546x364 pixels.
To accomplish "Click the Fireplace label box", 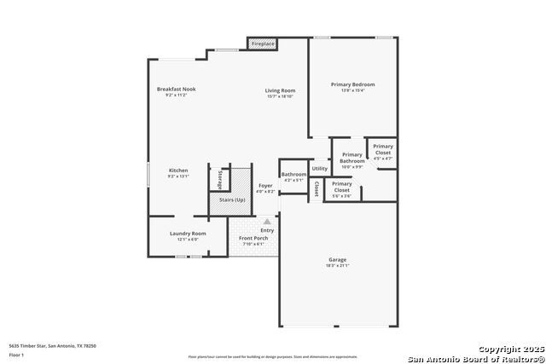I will (263, 43).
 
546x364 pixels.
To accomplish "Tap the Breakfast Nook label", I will (176, 89).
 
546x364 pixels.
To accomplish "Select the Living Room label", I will (280, 90).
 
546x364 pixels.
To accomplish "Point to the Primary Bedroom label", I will (353, 84).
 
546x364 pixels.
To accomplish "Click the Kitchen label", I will (177, 170).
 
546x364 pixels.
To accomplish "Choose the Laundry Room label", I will (188, 233).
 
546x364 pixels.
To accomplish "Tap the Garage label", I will (338, 259).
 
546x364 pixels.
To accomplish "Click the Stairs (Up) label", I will (233, 199).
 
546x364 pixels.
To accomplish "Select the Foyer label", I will (266, 185).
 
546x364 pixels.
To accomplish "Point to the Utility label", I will (320, 169).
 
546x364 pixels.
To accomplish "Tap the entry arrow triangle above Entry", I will (266, 222).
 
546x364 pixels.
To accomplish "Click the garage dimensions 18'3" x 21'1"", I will (338, 265).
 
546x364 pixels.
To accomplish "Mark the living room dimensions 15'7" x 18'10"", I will (280, 96).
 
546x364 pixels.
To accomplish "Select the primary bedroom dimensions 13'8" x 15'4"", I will (353, 90).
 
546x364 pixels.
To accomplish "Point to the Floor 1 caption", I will (16, 354).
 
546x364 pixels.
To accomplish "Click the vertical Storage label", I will (220, 179).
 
